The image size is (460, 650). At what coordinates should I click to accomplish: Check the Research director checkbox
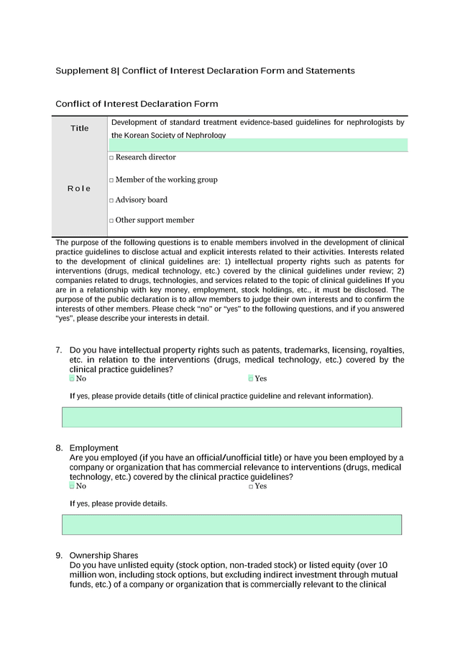point(111,158)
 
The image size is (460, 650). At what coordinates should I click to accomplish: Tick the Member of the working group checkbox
point(111,180)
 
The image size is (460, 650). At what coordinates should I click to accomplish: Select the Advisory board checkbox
point(111,200)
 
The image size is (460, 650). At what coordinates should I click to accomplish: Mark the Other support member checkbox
point(111,221)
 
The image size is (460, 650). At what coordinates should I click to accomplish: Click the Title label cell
point(80,129)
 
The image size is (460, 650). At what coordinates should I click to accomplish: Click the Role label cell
point(79,189)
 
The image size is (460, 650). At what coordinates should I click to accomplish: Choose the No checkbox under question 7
point(72,379)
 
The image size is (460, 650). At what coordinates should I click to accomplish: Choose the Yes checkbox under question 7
point(251,379)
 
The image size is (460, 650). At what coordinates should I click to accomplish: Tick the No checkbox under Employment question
point(72,486)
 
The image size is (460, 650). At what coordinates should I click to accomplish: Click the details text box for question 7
point(231,417)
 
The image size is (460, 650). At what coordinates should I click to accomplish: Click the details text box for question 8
point(231,524)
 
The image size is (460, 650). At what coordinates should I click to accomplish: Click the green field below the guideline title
point(258,145)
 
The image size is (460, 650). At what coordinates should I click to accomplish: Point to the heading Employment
point(93,448)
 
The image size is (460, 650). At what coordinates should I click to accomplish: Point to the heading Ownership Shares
point(103,555)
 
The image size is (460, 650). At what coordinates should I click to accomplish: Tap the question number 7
point(58,350)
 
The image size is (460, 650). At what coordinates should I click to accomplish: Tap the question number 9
point(58,555)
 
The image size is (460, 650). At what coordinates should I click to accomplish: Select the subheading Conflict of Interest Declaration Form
point(137,104)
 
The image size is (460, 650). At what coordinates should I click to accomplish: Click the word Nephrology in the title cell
point(203,136)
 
